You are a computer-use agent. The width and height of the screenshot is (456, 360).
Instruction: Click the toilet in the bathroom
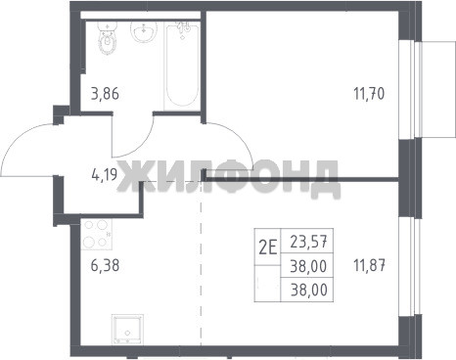click(x=107, y=38)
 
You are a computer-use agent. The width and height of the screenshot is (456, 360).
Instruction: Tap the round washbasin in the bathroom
click(x=144, y=32)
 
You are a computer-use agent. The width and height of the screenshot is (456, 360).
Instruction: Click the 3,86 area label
click(x=105, y=94)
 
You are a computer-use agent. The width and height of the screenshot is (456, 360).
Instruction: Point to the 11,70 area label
click(x=369, y=93)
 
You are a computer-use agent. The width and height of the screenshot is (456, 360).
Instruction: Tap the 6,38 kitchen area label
click(x=105, y=265)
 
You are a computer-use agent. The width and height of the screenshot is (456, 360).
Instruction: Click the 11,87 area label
click(x=370, y=265)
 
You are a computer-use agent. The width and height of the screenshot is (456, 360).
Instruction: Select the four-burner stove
click(x=97, y=234)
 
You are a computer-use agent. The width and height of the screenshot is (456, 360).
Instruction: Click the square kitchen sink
click(x=127, y=330)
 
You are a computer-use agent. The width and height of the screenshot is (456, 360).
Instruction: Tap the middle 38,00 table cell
click(x=308, y=266)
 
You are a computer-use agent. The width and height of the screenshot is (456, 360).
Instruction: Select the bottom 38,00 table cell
click(x=308, y=290)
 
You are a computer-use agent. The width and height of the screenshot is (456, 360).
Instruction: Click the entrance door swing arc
click(x=20, y=139)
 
